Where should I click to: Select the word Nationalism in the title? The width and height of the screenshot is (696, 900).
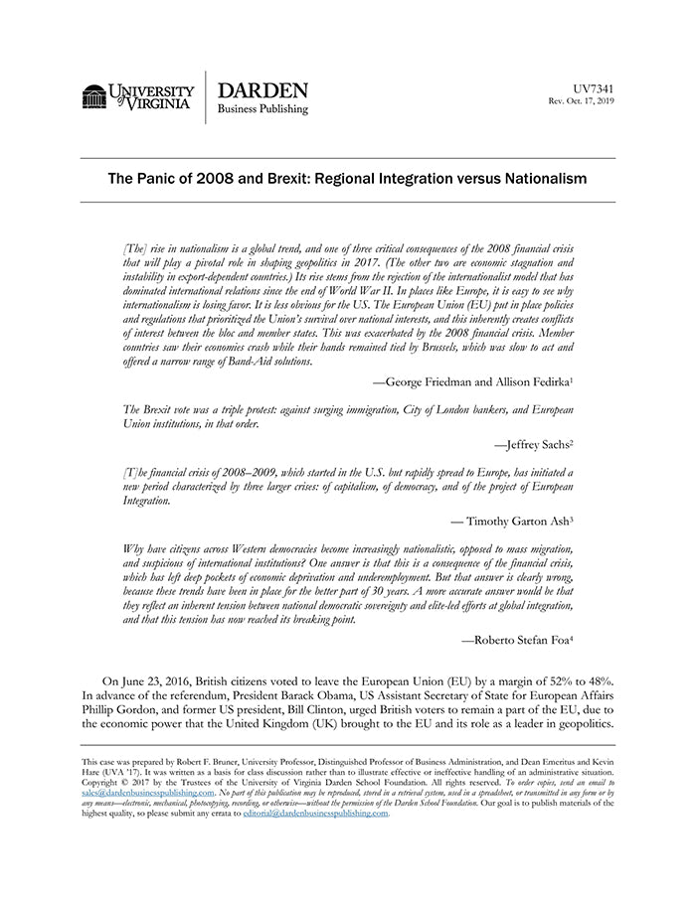pyautogui.click(x=540, y=179)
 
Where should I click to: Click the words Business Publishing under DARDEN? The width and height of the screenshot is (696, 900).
pyautogui.click(x=262, y=109)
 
